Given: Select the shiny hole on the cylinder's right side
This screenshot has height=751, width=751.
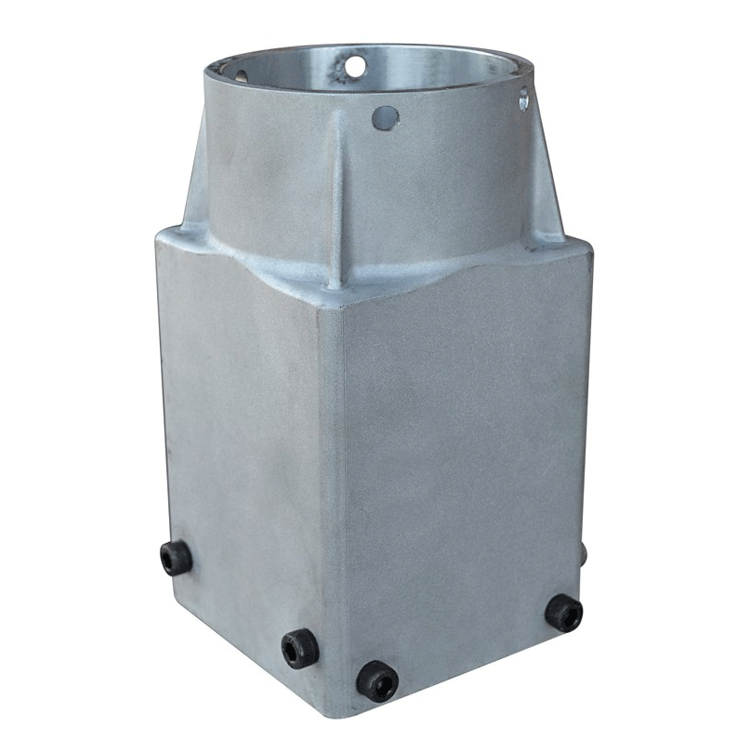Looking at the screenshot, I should coord(524,99).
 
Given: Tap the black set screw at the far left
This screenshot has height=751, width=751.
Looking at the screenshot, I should coord(176,558).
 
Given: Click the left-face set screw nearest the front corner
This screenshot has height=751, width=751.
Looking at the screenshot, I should coord(300,649).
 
